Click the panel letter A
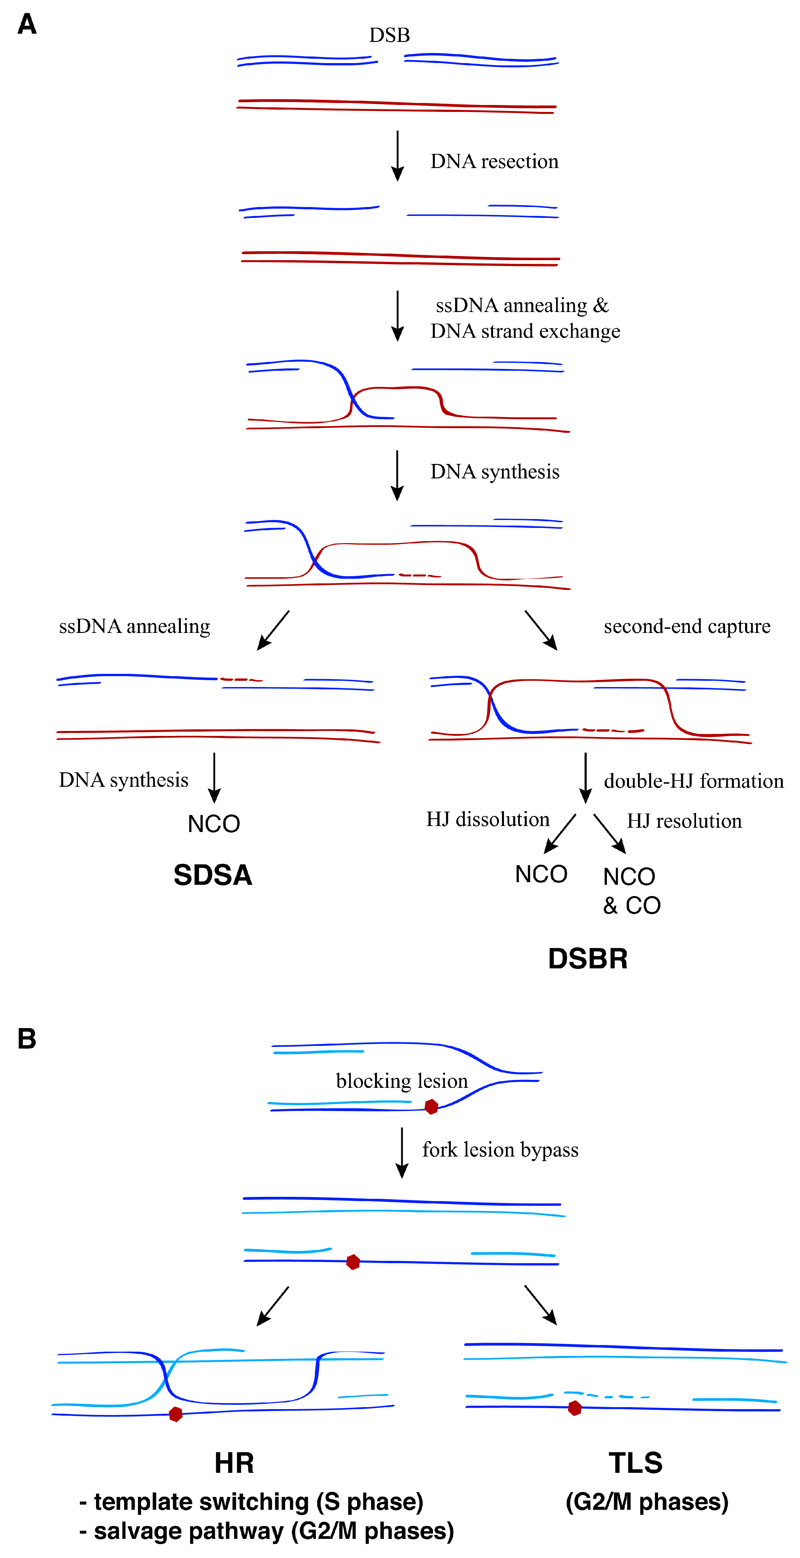pyautogui.click(x=27, y=24)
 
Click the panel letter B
pyautogui.click(x=27, y=1038)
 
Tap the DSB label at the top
pyautogui.click(x=389, y=35)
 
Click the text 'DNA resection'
pyautogui.click(x=494, y=161)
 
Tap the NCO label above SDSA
pyautogui.click(x=214, y=824)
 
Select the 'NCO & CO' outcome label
pyautogui.click(x=631, y=891)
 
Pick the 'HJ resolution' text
pyautogui.click(x=684, y=821)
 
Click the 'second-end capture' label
pyautogui.click(x=687, y=626)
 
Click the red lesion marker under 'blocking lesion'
pyautogui.click(x=431, y=1107)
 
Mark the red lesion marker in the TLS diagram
pyautogui.click(x=575, y=1408)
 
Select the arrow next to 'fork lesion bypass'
pyautogui.click(x=402, y=1152)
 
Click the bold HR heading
pyautogui.click(x=234, y=1463)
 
